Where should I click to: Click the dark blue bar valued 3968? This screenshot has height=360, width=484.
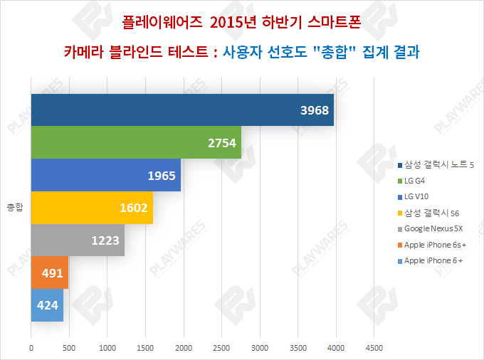pyautogui.click(x=181, y=110)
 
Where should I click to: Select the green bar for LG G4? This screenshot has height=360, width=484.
pyautogui.click(x=135, y=142)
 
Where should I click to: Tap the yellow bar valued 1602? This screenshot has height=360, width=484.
pyautogui.click(x=91, y=208)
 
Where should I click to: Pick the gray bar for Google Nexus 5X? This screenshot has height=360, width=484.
pyautogui.click(x=77, y=240)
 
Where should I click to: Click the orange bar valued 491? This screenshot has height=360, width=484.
pyautogui.click(x=49, y=272)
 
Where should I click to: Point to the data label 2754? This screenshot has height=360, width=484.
pyautogui.click(x=221, y=143)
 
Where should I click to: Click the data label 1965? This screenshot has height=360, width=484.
pyautogui.click(x=162, y=176)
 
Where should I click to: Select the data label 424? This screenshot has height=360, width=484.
pyautogui.click(x=47, y=305)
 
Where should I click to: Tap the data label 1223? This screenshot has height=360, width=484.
pyautogui.click(x=105, y=240)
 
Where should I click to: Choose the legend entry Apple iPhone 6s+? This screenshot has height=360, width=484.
pyautogui.click(x=433, y=245)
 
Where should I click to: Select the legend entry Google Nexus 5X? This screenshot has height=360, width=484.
pyautogui.click(x=433, y=229)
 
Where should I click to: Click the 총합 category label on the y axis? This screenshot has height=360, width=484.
pyautogui.click(x=15, y=208)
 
